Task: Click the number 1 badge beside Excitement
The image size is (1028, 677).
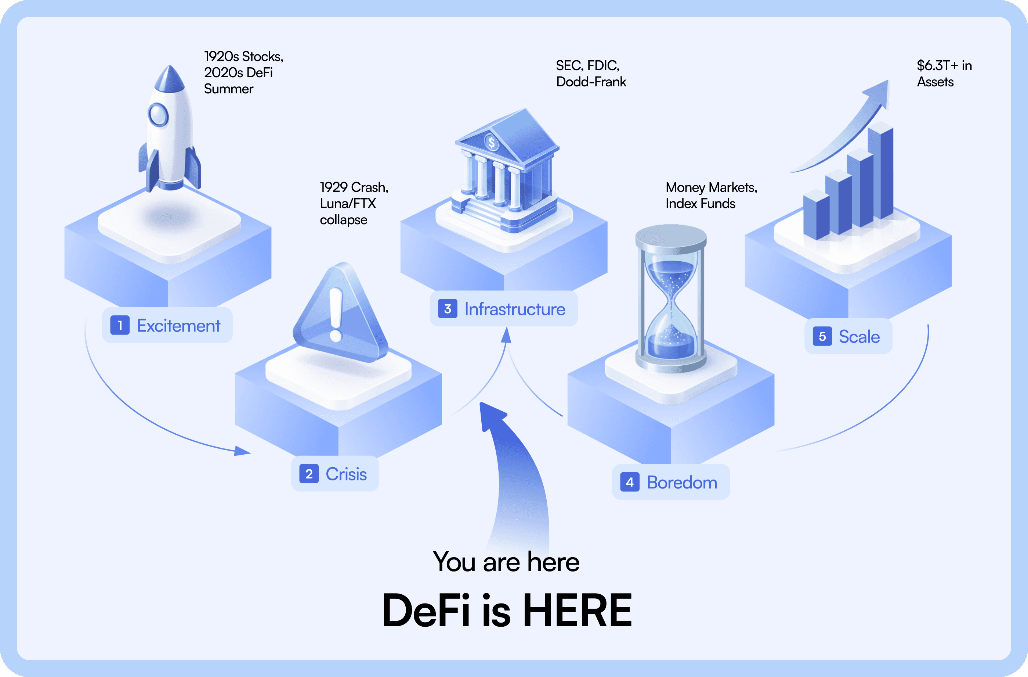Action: click(120, 325)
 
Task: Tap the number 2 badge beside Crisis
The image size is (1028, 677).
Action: click(309, 474)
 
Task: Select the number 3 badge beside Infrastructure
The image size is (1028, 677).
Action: click(448, 309)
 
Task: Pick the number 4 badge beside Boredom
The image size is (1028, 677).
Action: click(630, 482)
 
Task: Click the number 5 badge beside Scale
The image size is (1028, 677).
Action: click(822, 336)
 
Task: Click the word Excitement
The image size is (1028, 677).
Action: click(178, 326)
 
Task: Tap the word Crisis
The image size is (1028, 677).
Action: click(346, 474)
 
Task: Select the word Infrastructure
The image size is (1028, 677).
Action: click(514, 309)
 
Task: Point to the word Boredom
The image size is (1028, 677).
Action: click(681, 483)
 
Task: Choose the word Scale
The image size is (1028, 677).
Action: click(859, 337)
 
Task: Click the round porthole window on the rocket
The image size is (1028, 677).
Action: click(158, 115)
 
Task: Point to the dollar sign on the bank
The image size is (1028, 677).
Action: click(491, 142)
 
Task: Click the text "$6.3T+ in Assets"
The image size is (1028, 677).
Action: click(944, 74)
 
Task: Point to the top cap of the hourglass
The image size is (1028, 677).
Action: click(670, 236)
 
